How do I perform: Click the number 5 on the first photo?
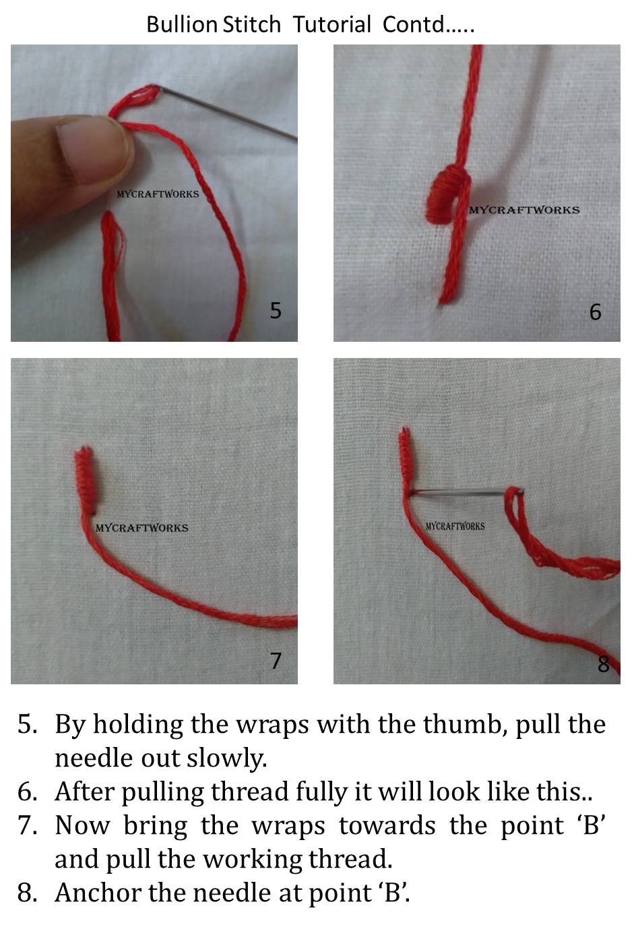coord(275,310)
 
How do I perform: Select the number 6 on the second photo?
coord(595,311)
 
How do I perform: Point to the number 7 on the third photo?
coord(275,660)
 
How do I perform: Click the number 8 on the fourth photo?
coord(603,664)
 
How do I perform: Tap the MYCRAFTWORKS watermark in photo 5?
coord(158,194)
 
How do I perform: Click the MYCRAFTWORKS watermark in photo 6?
coord(524,210)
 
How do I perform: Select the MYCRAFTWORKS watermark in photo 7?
coord(141,528)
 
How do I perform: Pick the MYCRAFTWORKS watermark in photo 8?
coord(455,526)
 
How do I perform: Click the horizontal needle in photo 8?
coord(458,494)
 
